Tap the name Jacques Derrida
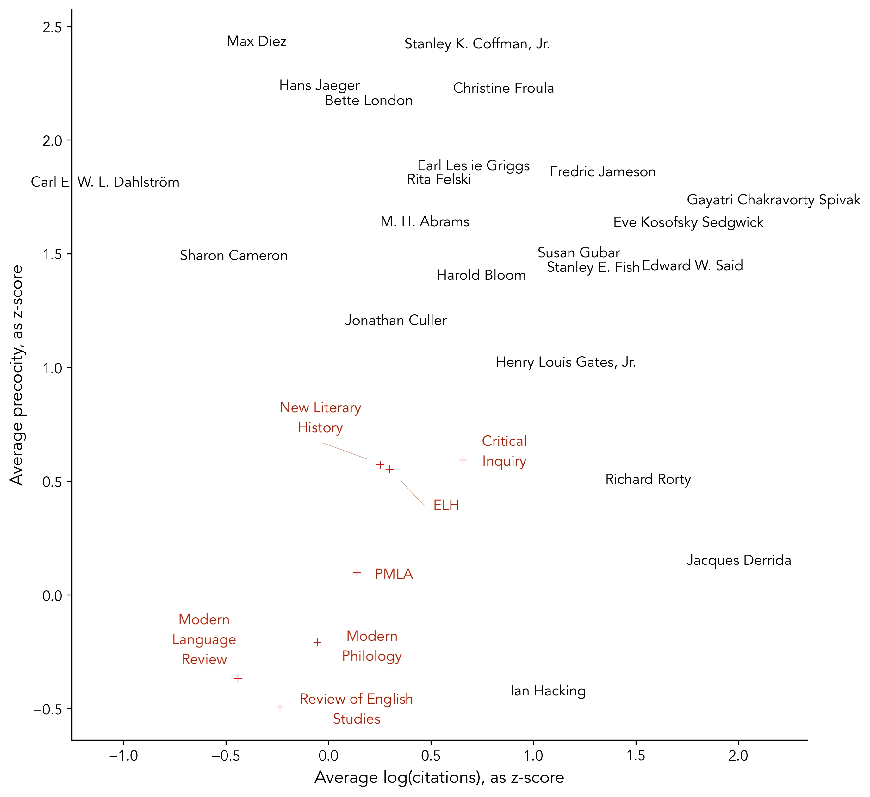(738, 560)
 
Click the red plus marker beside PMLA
(357, 573)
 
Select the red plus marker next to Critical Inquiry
(463, 460)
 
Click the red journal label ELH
(446, 505)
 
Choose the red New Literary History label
(320, 417)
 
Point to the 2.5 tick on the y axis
(52, 27)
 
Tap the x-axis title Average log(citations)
(439, 778)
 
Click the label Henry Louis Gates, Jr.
(565, 362)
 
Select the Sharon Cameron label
(233, 255)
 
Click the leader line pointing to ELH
(412, 493)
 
